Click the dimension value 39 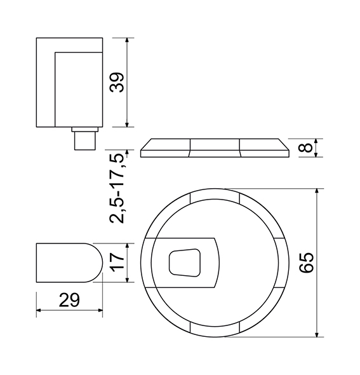pos(117,82)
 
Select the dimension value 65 pos(307,262)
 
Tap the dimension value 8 pos(305,147)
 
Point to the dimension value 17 pos(117,262)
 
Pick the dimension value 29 pos(69,300)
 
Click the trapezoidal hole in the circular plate pos(185,263)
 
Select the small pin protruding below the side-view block pos(85,141)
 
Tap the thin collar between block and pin pos(85,130)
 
